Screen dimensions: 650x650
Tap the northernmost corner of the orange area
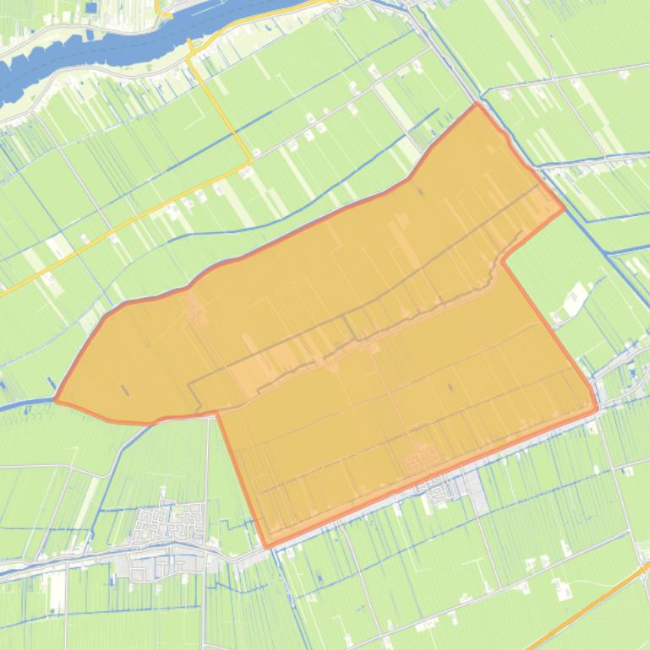point(478,104)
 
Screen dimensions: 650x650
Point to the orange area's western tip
point(56,399)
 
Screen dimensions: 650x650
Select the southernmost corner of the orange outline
point(267,547)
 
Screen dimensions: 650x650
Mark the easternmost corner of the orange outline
point(597,410)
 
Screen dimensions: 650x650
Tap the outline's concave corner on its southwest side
point(217,413)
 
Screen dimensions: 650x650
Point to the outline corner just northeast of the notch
point(564,209)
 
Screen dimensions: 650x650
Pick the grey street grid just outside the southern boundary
point(448,490)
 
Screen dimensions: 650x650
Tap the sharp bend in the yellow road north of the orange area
point(251,158)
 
